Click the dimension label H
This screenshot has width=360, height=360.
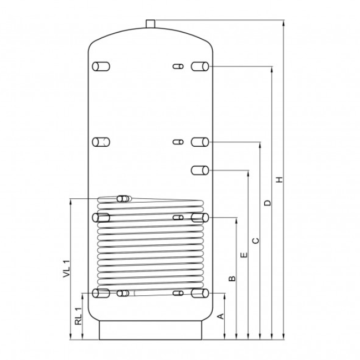pos(279,179)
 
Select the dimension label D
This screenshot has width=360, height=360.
pos(268,203)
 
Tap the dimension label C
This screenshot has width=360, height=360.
pos(256,240)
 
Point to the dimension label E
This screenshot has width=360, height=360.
pos(244,255)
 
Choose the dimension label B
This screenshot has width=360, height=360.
pos(233,279)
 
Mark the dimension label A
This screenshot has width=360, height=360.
pos(220,316)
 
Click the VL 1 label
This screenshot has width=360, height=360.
pos(66,269)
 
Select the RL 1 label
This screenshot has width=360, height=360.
pos(78,316)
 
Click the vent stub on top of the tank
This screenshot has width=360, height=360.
pos(151,24)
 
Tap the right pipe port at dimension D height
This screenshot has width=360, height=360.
pos(200,66)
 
